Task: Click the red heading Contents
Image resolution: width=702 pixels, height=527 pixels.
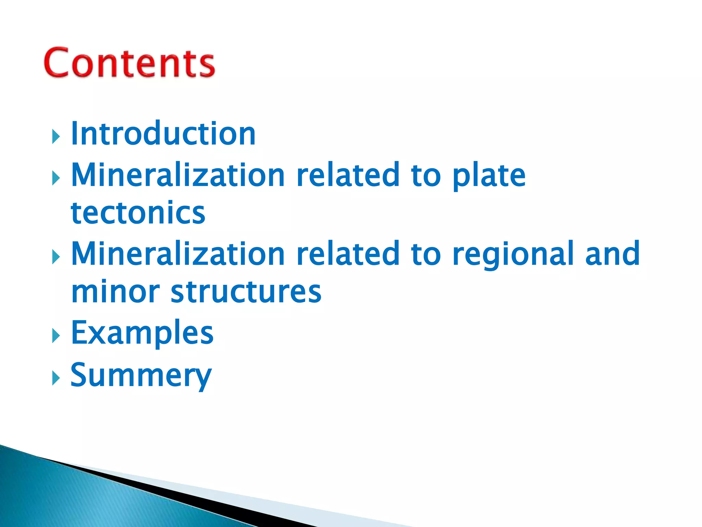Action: point(129,62)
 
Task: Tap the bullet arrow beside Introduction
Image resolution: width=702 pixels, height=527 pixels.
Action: point(56,137)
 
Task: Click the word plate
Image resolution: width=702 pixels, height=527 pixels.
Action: point(489,176)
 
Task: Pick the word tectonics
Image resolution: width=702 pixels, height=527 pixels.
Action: point(138,213)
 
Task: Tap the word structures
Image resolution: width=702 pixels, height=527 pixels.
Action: point(246,292)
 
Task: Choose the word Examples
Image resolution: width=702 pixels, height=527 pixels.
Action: point(142,332)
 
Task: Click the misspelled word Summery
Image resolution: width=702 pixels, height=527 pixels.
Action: point(141,375)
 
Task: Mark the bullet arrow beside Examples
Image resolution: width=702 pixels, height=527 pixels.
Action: point(56,336)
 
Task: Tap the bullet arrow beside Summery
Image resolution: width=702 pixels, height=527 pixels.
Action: point(56,378)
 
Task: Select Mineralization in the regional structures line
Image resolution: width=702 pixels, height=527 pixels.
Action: point(178,254)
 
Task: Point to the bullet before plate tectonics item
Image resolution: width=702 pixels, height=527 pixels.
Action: point(56,178)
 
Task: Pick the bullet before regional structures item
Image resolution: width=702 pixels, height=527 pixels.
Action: point(56,257)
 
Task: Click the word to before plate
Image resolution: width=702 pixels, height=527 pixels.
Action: point(426,176)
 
